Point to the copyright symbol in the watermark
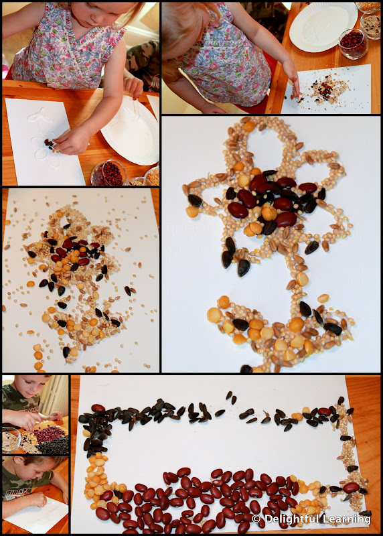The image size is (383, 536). click(256, 519)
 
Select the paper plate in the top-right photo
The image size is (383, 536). click(323, 27)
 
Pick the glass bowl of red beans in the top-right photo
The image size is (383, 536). click(354, 44)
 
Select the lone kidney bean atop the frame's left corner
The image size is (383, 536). click(98, 408)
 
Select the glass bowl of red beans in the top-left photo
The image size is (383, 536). click(108, 173)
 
